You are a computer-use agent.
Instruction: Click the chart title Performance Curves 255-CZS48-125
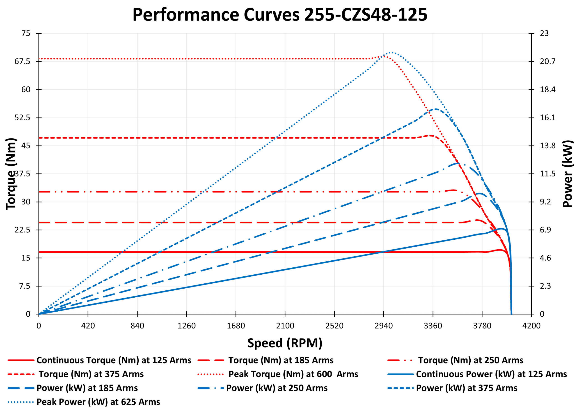[280, 15]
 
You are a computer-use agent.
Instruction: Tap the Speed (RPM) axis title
[285, 343]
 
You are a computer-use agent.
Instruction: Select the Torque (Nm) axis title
[11, 174]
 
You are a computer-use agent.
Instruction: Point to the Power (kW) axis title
[567, 174]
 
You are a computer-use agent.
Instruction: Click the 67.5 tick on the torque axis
[22, 62]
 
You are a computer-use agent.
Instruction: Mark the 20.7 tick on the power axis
[547, 61]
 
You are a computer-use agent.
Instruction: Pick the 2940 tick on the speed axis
[383, 326]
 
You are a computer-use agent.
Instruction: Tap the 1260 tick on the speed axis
[186, 326]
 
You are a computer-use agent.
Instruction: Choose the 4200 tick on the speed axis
[531, 326]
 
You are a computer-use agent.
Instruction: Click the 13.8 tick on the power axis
[547, 146]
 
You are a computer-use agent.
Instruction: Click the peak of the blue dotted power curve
[391, 53]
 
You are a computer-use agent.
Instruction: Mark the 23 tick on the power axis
[544, 33]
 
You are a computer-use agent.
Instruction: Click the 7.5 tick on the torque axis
[25, 286]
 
